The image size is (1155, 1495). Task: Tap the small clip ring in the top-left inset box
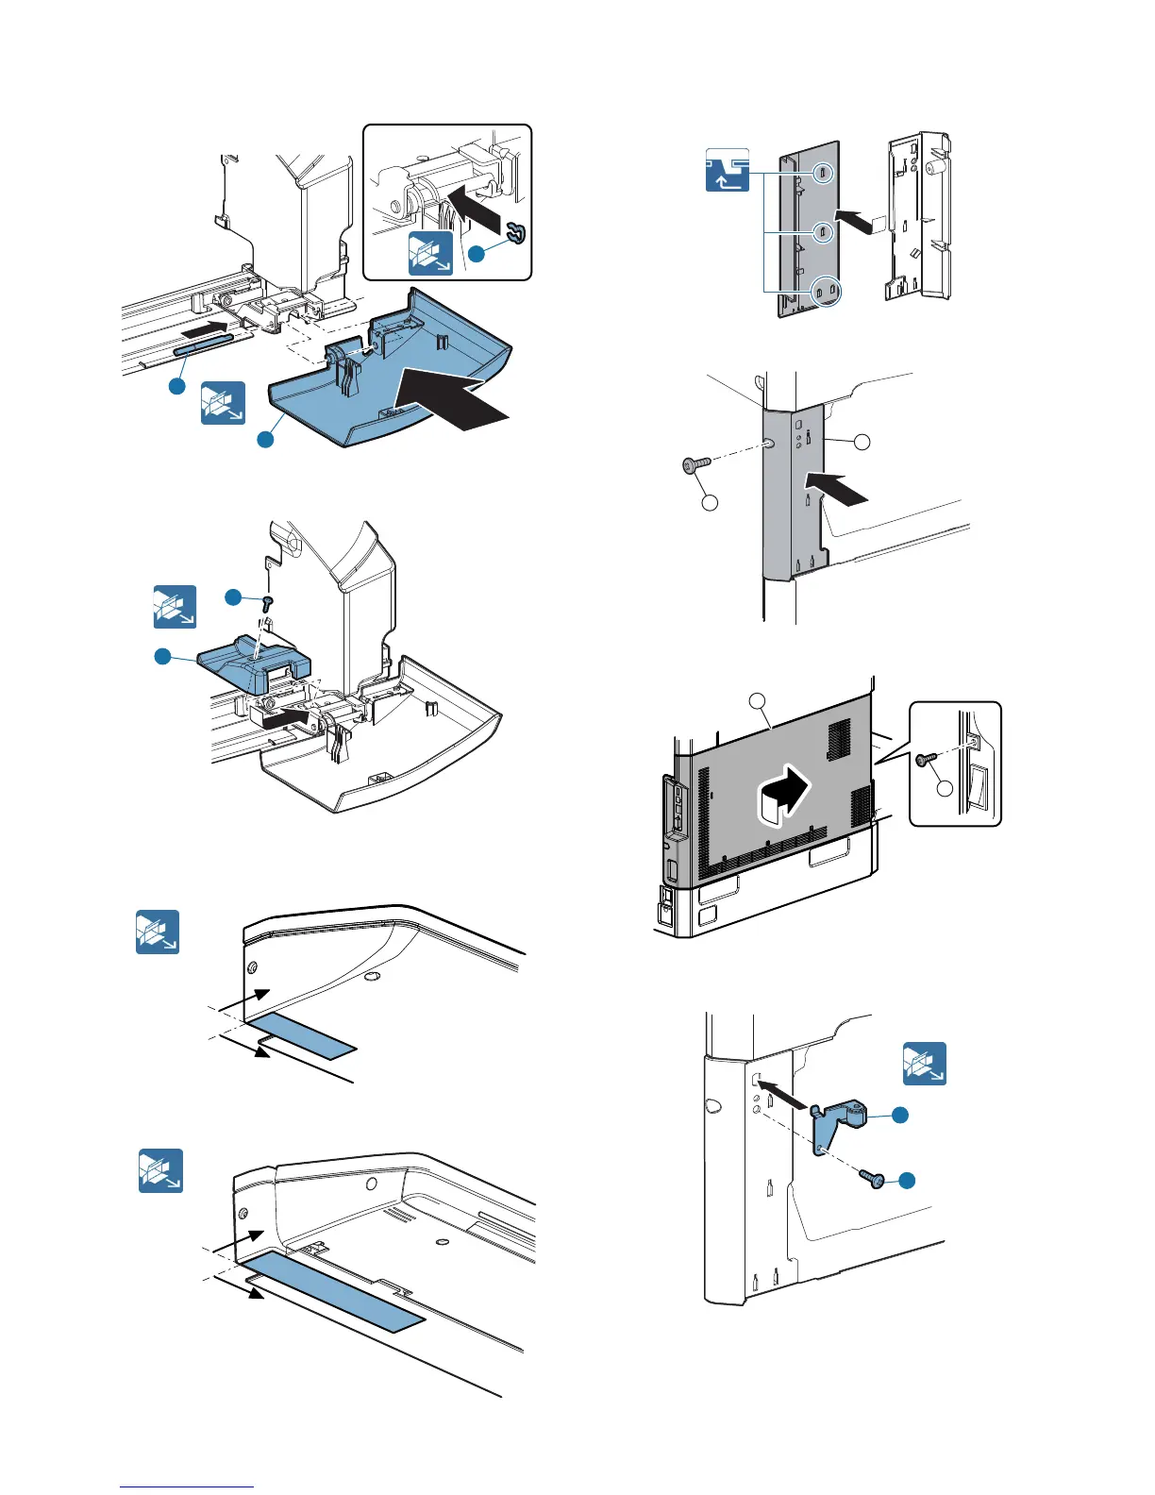click(x=516, y=230)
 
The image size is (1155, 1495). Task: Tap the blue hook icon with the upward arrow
click(x=728, y=170)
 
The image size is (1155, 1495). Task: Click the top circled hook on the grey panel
click(x=822, y=173)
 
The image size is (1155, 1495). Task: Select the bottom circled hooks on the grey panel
click(x=826, y=292)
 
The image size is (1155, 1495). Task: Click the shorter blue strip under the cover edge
click(x=300, y=1033)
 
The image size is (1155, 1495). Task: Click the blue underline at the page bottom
click(x=187, y=1487)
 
